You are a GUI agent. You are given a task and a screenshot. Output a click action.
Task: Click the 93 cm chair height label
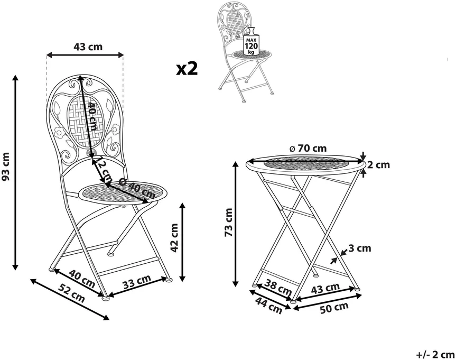point(6,167)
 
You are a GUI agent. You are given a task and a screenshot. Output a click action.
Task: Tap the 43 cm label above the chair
point(88,47)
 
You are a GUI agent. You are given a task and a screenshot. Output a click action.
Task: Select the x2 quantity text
point(187,69)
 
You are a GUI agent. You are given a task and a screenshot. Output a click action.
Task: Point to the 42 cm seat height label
point(174,238)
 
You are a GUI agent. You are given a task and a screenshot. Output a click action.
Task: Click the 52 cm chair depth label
point(71,292)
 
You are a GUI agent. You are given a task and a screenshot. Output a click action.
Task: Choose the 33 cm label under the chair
point(137,281)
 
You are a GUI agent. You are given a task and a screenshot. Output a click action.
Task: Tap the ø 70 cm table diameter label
point(308,149)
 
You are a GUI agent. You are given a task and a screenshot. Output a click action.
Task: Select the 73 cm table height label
point(229,223)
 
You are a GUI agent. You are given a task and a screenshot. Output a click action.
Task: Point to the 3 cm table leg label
point(360,248)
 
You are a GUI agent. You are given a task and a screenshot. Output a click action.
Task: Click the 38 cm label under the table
point(278,287)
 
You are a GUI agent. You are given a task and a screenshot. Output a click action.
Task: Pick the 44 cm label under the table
point(269,305)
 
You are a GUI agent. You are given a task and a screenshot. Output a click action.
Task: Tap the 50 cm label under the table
point(334,308)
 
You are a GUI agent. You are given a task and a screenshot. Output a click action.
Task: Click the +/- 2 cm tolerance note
point(435,355)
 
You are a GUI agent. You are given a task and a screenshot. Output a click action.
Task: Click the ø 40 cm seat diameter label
point(137,188)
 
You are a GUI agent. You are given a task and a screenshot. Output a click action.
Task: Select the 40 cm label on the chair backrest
point(93,116)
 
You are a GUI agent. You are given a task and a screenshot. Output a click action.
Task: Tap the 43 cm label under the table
point(325,289)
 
